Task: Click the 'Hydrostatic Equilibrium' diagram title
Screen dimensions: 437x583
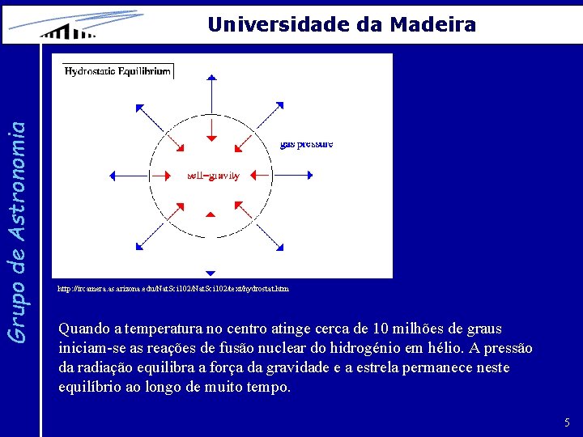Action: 117,71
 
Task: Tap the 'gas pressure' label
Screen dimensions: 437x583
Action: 306,144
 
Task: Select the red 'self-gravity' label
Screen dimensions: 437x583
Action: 213,176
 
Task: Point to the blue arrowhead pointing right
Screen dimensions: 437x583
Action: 309,175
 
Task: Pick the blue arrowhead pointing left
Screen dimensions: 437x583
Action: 113,175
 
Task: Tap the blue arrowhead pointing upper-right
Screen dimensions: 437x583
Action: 279,105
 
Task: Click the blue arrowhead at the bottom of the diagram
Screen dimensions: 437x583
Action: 210,274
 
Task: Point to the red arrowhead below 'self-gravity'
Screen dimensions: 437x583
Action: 210,214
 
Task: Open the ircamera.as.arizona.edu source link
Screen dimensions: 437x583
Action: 173,288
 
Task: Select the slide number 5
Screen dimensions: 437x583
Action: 567,422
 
